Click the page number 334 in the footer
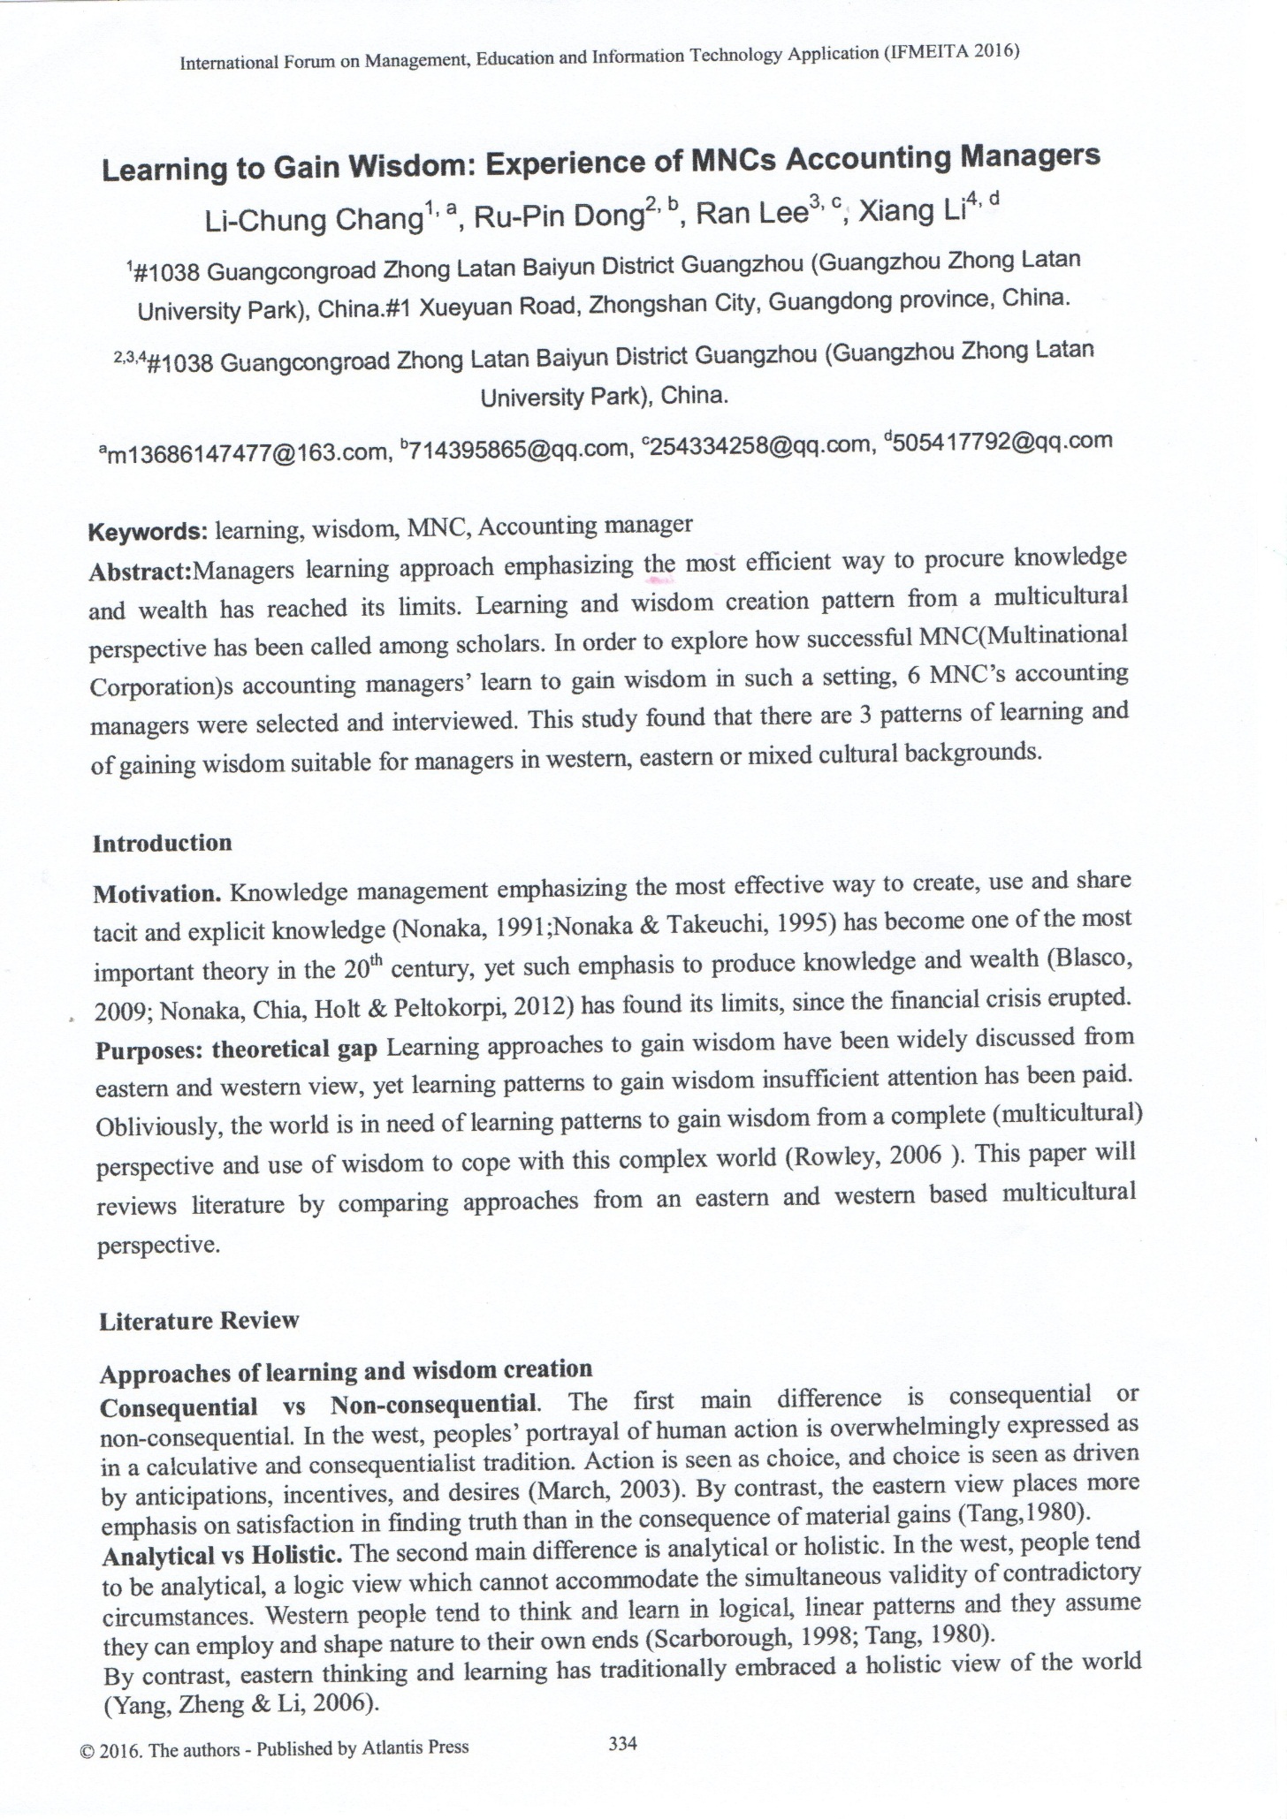(623, 1743)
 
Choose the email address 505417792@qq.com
(1003, 441)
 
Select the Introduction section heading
(163, 843)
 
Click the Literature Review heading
(199, 1321)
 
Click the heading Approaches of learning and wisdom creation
(346, 1371)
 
